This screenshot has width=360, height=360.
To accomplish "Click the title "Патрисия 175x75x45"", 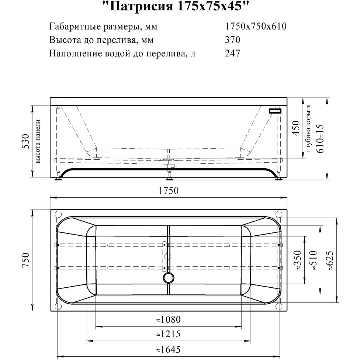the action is coord(176,6).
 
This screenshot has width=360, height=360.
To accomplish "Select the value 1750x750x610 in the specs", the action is coord(256,27).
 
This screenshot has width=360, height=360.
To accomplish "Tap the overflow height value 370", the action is coord(233,40).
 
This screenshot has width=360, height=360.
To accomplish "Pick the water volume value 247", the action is coord(233,53).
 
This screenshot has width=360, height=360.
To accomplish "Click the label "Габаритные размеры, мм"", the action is coord(103,27).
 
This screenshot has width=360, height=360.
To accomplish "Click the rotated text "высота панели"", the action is coord(38,141).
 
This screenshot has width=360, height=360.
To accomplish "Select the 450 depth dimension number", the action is coord(296,128).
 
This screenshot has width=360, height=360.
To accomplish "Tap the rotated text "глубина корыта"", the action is coord(308,128).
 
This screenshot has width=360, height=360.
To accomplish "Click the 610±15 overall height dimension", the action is coord(320,138).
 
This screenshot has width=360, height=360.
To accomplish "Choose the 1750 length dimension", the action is coord(169,191).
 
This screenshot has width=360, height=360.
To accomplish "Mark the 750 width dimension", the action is coord(26,260).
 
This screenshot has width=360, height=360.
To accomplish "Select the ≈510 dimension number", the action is coord(313,260).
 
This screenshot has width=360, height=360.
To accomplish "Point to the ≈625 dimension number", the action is coord(329,260).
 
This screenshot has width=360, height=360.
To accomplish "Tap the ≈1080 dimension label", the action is coord(169,319).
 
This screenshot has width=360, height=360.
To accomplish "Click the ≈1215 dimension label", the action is coord(169,334).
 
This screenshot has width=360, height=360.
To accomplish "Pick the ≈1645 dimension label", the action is coord(169,350).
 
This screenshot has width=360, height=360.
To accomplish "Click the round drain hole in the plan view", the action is coord(169,278).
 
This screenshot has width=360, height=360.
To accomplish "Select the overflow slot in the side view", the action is coord(275,111).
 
